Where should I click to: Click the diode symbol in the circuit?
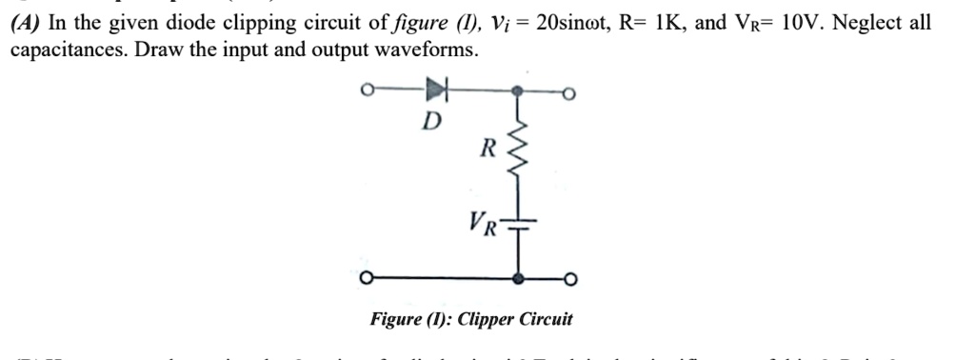click(x=436, y=91)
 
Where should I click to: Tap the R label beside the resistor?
click(x=487, y=149)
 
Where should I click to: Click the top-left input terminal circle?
click(x=365, y=92)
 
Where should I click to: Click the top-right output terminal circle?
click(x=570, y=93)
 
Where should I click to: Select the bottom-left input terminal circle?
click(x=365, y=279)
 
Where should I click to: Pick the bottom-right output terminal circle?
click(x=570, y=279)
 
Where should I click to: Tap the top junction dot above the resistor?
click(x=517, y=93)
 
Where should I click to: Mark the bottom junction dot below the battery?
click(x=517, y=279)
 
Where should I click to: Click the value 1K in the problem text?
click(x=663, y=23)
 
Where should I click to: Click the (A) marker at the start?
click(x=24, y=23)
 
